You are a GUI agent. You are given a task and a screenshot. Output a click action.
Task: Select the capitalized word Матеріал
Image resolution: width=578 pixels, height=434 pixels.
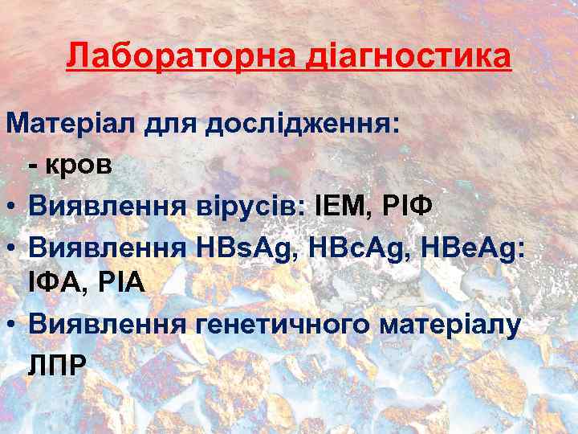tap(72, 125)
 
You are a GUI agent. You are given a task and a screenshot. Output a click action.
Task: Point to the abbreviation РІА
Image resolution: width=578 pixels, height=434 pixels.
tap(121, 283)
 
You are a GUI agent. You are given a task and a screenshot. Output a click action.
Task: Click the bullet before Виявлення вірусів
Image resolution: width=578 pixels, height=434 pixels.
tap(12, 205)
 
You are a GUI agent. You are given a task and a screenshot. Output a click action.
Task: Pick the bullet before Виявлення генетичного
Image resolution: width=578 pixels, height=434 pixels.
tap(12, 324)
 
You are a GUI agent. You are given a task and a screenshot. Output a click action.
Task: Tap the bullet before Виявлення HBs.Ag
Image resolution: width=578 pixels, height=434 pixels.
tap(12, 245)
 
